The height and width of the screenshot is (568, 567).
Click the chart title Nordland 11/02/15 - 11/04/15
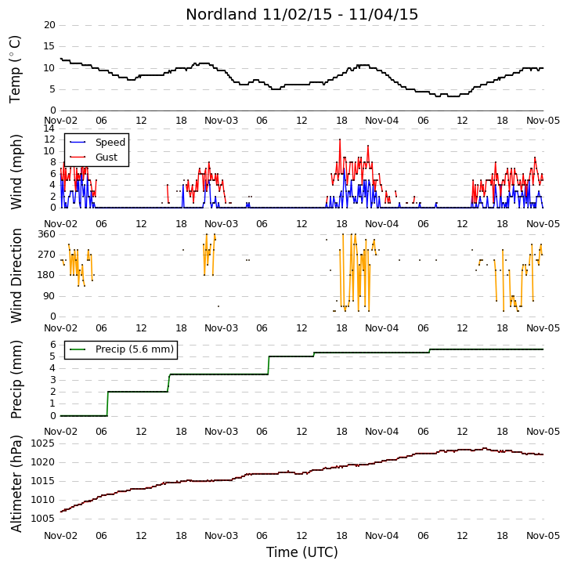pos(302,14)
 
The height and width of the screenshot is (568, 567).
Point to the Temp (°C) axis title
pos(15,69)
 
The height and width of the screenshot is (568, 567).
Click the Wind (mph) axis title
pos(16,172)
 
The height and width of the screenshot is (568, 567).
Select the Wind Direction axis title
pos(16,276)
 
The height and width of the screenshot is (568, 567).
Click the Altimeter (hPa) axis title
pos(16,484)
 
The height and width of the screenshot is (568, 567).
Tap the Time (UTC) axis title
pos(302,552)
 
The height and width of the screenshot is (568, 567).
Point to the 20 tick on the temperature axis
pos(49,25)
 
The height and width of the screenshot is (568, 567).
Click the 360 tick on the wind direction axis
pos(47,234)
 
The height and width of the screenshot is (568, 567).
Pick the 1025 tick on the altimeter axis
pos(43,443)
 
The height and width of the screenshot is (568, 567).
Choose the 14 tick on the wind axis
pos(49,128)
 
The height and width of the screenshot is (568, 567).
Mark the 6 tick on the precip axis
pos(53,345)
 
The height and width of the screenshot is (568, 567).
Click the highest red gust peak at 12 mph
pos(340,139)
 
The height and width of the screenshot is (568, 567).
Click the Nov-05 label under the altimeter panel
pos(543,535)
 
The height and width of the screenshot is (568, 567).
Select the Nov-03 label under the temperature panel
pos(221,121)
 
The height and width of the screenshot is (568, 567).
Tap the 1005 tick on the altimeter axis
pos(43,519)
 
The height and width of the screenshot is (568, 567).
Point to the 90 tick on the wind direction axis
pos(49,296)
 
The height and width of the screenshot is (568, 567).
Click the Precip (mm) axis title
pos(16,380)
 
